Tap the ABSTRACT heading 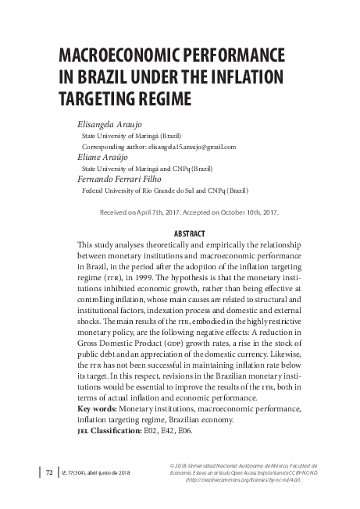tap(187, 233)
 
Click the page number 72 tap(48, 472)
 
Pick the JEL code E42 tap(169, 430)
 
